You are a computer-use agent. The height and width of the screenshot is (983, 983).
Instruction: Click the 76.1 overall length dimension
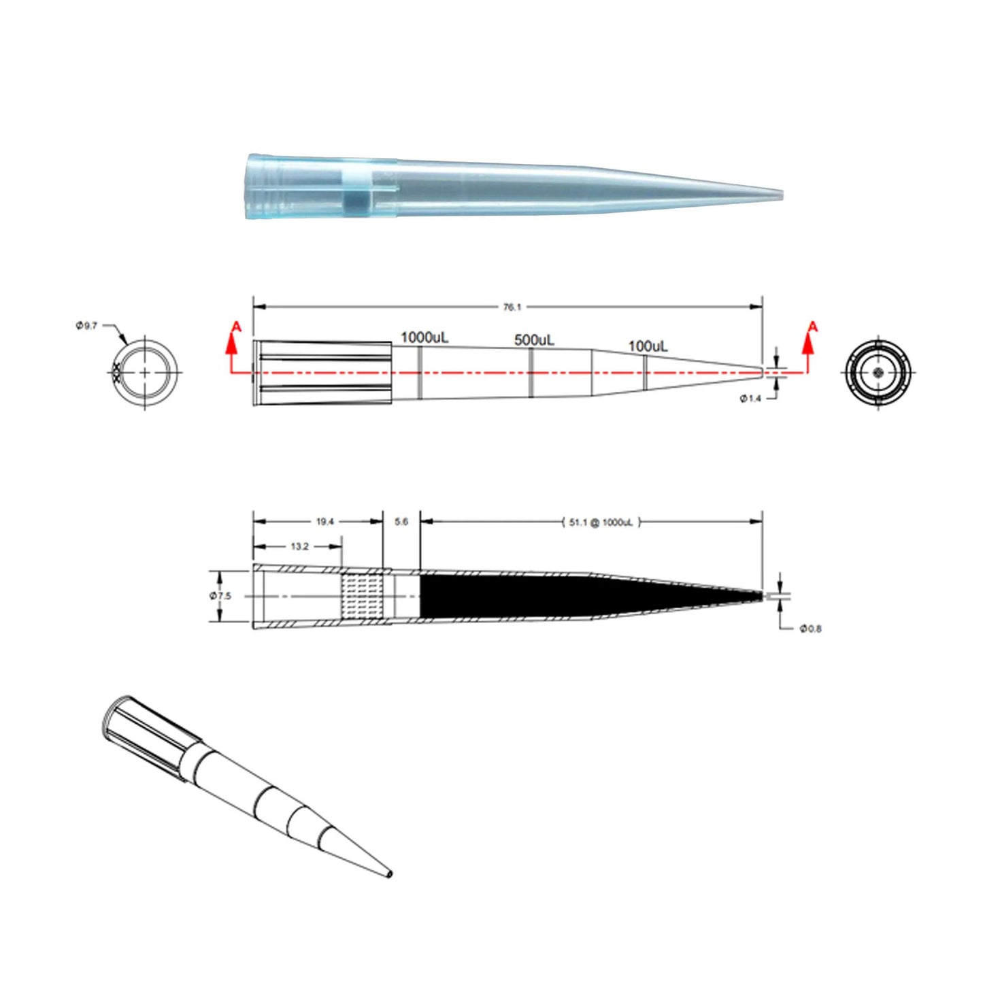pyautogui.click(x=512, y=307)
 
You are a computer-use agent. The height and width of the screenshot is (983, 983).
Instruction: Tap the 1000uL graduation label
pyautogui.click(x=424, y=337)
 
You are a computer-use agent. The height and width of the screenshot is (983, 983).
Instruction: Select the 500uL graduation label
pyautogui.click(x=534, y=339)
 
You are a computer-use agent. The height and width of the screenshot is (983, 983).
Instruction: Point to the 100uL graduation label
pyautogui.click(x=648, y=346)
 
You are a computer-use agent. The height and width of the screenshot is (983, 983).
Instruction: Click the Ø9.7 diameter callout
pyautogui.click(x=86, y=326)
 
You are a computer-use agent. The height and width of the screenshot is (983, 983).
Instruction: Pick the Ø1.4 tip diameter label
pyautogui.click(x=750, y=399)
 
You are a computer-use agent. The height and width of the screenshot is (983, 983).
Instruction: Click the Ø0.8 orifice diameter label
pyautogui.click(x=810, y=629)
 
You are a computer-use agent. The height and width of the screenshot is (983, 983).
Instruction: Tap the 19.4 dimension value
pyautogui.click(x=324, y=522)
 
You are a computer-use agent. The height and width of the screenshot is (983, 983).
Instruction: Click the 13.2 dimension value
pyautogui.click(x=299, y=546)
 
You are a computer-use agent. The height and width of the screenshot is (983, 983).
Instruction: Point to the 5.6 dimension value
pyautogui.click(x=401, y=522)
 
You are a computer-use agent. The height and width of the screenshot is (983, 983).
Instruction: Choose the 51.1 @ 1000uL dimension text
pyautogui.click(x=601, y=522)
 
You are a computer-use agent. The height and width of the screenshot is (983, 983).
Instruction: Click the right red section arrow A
pyautogui.click(x=810, y=340)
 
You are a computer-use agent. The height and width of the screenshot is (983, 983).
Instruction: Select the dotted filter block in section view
pyautogui.click(x=366, y=596)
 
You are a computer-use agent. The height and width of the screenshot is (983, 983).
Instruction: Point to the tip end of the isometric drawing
pyautogui.click(x=388, y=873)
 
